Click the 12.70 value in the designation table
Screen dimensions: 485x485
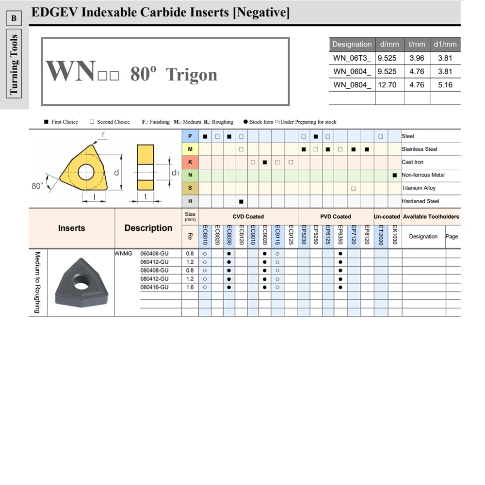pos(388,85)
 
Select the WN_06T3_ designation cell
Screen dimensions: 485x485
pos(352,58)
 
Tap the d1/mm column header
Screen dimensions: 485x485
pos(445,44)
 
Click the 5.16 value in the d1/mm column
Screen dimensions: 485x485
pos(445,85)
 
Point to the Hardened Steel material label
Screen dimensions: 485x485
pos(420,201)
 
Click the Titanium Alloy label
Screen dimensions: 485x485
pos(419,188)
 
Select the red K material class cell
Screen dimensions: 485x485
pos(190,162)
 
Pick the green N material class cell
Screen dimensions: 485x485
pos(190,175)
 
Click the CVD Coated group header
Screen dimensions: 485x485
pos(248,217)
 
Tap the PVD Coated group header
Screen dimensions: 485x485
pos(335,217)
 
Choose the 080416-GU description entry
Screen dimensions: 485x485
pos(154,287)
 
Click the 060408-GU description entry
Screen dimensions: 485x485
pos(154,253)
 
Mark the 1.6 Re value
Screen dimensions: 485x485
pos(190,287)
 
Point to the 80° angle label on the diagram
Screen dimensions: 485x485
pos(37,186)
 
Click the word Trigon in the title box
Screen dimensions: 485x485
pos(191,75)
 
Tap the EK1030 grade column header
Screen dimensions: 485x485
pos(395,235)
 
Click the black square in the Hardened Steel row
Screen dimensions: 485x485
pos(241,201)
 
